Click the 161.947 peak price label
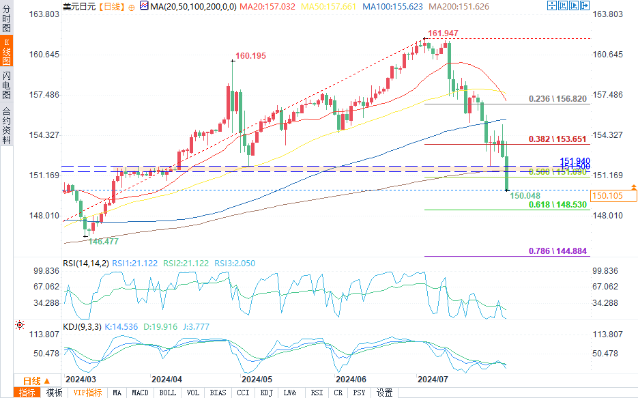coord(443,33)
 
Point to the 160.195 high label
coord(250,56)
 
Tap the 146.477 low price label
coord(104,241)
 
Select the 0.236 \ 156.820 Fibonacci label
coord(557,99)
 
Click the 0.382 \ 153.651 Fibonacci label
coord(557,139)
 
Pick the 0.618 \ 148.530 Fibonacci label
coord(557,204)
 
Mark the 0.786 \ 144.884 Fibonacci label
coord(557,251)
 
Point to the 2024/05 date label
coord(257,378)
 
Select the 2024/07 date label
coord(432,378)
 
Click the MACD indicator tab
coord(140,393)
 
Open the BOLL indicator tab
coord(167,393)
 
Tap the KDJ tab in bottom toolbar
coord(266,393)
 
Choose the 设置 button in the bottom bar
coord(384,393)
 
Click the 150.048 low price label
coord(524,195)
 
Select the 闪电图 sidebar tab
coord(6,85)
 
